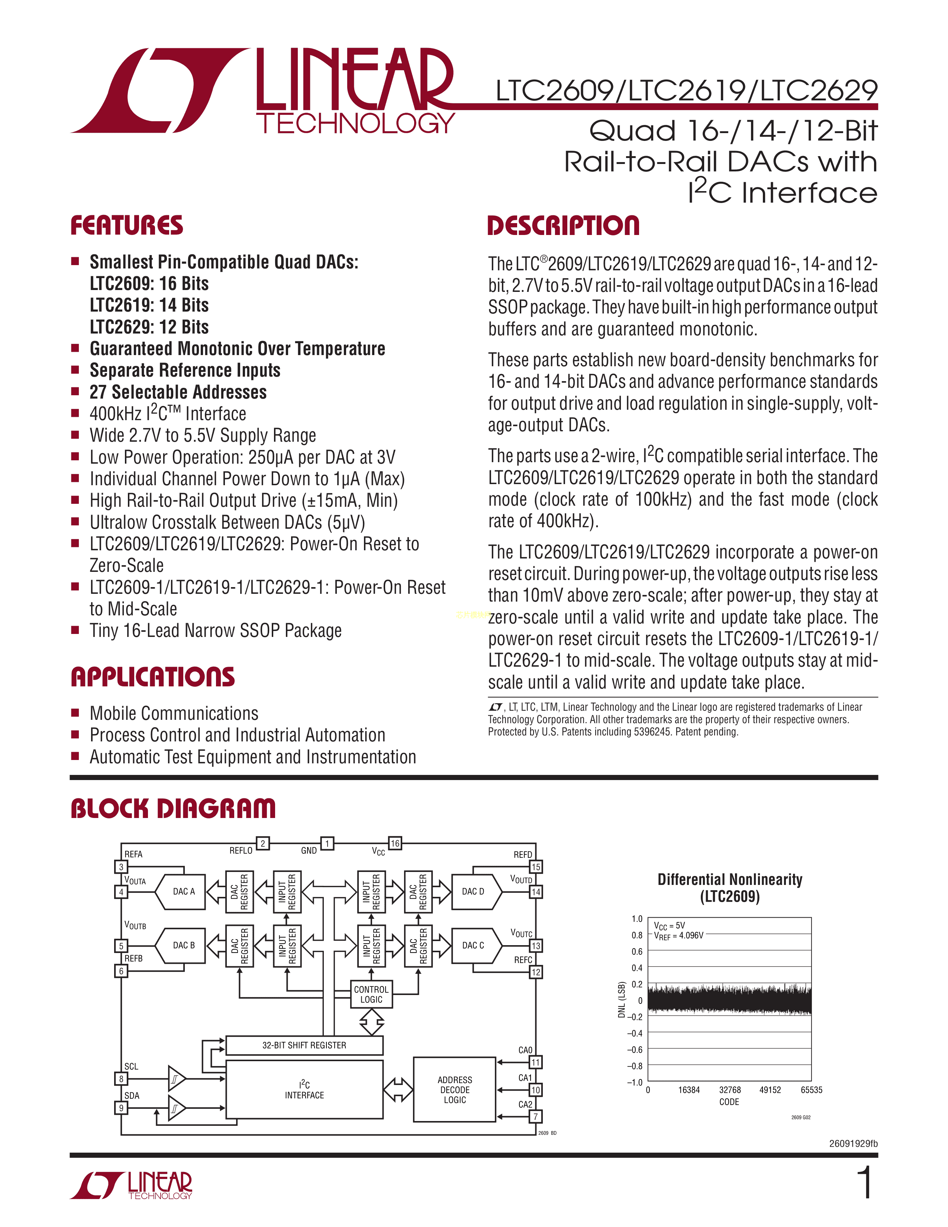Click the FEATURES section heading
click(127, 225)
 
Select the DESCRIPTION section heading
click(563, 225)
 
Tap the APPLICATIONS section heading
click(153, 677)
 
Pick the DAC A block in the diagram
click(180, 892)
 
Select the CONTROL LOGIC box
click(371, 994)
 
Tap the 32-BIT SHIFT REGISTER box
click(304, 1045)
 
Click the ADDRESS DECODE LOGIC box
click(455, 1090)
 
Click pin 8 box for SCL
click(121, 1079)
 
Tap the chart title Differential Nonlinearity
click(730, 880)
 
